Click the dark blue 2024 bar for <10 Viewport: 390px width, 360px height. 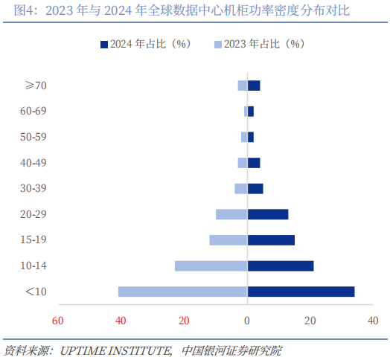click(301, 292)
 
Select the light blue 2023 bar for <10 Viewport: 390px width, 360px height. click(183, 292)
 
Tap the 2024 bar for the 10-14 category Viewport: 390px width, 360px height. click(281, 266)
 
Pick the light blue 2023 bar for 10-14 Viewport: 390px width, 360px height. click(211, 266)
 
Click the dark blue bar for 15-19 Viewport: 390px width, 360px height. click(271, 240)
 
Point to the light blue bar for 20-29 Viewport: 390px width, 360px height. click(231, 214)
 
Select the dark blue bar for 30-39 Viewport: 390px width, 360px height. click(255, 189)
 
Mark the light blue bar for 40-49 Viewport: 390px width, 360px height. click(243, 163)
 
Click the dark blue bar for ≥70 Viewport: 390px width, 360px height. click(254, 86)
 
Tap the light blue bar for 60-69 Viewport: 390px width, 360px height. click(246, 112)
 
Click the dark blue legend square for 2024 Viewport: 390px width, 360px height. click(104, 45)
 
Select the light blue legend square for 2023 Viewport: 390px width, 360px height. click(218, 45)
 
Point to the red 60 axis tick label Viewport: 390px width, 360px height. click(58, 321)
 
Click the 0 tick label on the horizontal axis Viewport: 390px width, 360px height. click(247, 321)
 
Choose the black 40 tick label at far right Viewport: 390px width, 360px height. click(373, 321)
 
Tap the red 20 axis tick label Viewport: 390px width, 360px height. click(184, 321)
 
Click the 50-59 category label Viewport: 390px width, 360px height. click(33, 137)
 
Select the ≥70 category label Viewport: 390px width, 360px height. click(36, 86)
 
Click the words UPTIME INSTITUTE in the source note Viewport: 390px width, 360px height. click(115, 351)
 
